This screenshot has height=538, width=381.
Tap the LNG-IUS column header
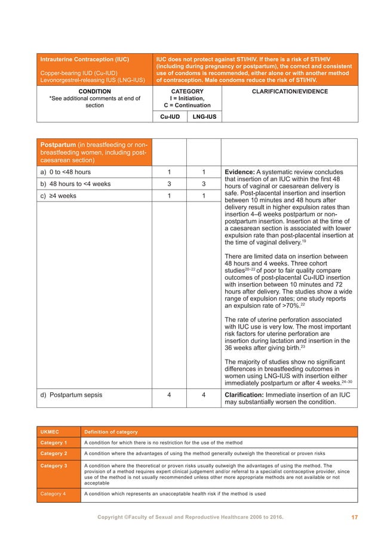(204, 117)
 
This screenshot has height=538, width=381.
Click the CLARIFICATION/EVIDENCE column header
(290, 92)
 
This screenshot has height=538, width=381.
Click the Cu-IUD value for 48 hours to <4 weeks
(170, 184)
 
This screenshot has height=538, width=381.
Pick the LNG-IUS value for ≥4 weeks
(204, 196)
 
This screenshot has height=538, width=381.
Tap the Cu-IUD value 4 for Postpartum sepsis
(170, 394)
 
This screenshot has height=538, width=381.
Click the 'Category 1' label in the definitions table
(54, 443)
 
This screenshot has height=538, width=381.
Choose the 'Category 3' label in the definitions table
(54, 466)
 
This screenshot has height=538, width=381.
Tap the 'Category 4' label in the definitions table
(54, 494)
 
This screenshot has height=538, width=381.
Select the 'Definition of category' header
(110, 432)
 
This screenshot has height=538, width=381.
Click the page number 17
(354, 518)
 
